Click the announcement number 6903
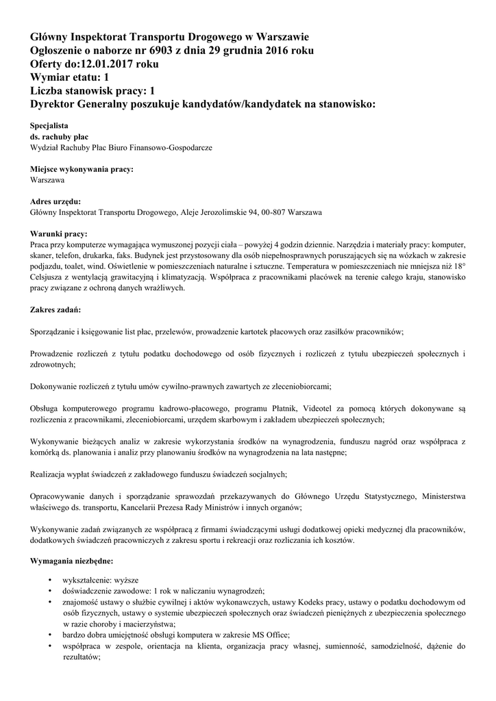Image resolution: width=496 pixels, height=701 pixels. point(168,51)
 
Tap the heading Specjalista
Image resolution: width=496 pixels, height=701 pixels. point(49,126)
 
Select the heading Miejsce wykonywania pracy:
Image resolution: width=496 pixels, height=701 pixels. point(82,169)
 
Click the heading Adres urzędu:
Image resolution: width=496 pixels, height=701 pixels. point(55,202)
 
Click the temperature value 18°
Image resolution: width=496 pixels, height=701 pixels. point(458,266)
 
